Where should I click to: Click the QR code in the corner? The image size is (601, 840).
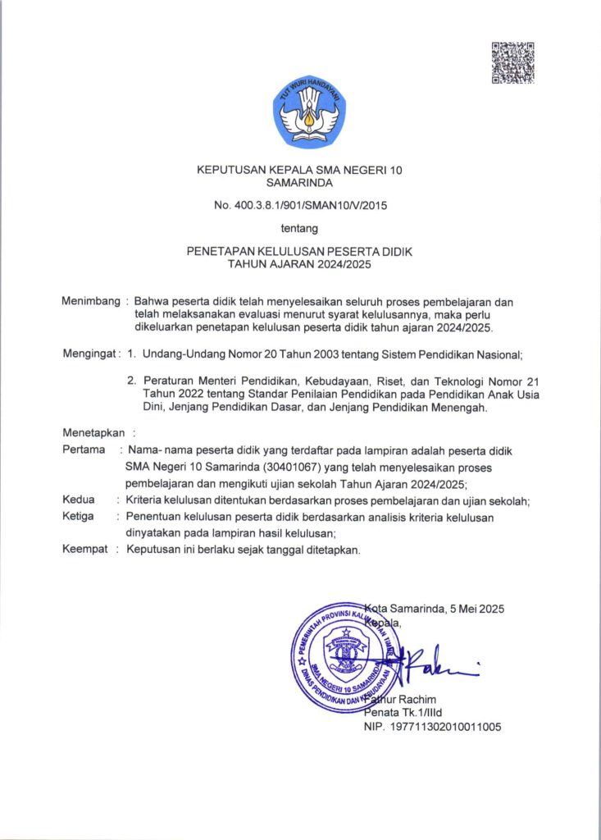(x=512, y=62)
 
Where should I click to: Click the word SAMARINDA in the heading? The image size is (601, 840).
(x=299, y=183)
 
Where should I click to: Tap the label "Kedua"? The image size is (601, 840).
(x=79, y=500)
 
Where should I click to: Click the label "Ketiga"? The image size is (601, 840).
(x=78, y=516)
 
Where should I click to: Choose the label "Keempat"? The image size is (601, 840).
(x=85, y=549)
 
